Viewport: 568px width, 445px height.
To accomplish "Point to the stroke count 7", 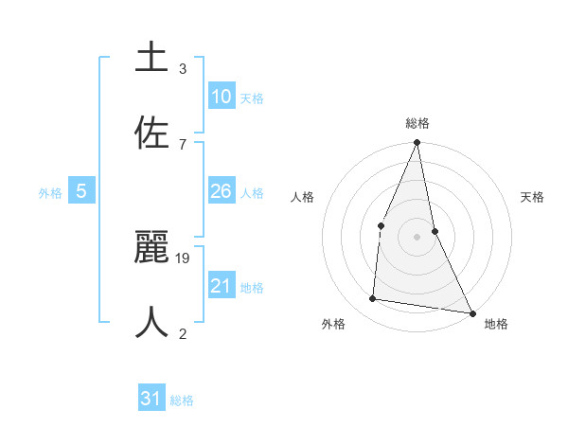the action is pyautogui.click(x=183, y=144).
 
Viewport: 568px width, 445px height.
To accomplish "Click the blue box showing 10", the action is pyautogui.click(x=222, y=97).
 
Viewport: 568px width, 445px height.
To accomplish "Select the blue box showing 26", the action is pyautogui.click(x=222, y=191).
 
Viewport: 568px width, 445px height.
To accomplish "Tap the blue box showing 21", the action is pyautogui.click(x=222, y=286).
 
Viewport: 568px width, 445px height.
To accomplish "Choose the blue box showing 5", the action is pyautogui.click(x=81, y=191).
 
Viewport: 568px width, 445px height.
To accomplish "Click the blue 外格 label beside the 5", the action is pyautogui.click(x=50, y=193).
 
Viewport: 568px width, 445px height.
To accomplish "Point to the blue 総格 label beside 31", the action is pyautogui.click(x=182, y=400).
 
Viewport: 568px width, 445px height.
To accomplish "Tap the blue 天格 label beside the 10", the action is pyautogui.click(x=252, y=98).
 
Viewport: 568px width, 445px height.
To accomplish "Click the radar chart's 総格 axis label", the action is pyautogui.click(x=417, y=123).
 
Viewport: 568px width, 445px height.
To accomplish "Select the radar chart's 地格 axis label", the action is pyautogui.click(x=496, y=325).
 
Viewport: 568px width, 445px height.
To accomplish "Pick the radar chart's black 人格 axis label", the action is pyautogui.click(x=303, y=197).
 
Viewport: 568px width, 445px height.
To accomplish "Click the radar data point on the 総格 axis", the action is pyautogui.click(x=417, y=143).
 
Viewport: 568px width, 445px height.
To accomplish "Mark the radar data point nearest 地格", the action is pyautogui.click(x=471, y=312).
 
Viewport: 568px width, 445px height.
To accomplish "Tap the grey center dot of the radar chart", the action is pyautogui.click(x=417, y=236).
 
